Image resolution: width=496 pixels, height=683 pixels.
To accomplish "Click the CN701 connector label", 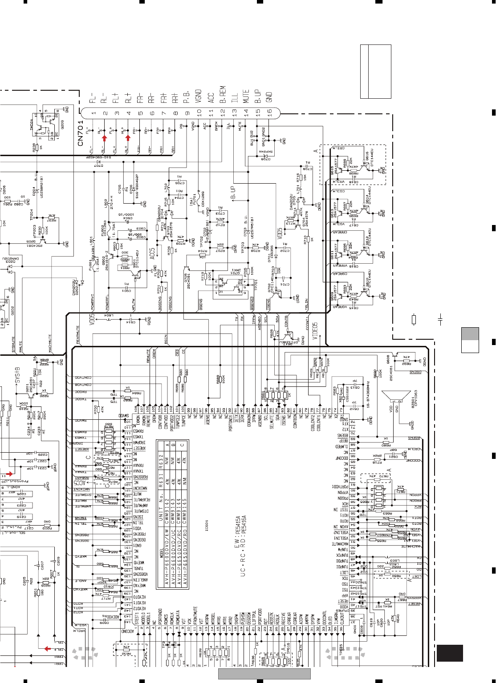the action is (81, 133).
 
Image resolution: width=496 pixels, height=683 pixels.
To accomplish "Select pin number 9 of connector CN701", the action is (187, 113).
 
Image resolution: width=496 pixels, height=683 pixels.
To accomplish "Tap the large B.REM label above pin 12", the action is (223, 94).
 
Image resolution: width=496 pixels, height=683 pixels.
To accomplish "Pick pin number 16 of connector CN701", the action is (269, 113).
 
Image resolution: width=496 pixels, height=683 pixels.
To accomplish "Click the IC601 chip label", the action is (206, 525).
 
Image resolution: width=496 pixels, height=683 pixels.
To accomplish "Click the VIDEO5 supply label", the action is (315, 331).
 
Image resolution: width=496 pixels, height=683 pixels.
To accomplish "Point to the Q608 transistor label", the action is (388, 359).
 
